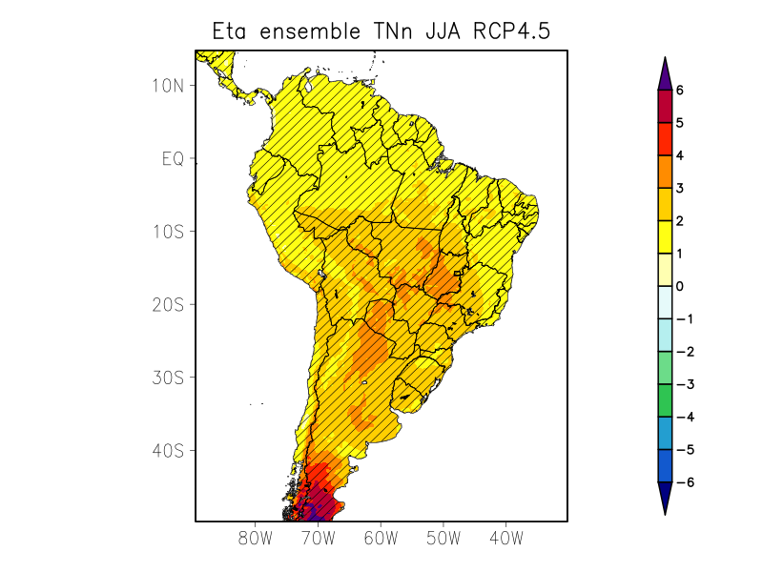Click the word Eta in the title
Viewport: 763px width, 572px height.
[232, 32]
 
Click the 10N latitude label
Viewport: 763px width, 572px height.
[168, 85]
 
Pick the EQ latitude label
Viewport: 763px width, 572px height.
[172, 158]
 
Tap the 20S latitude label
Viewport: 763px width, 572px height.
[168, 304]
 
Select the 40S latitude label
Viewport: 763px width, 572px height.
[168, 450]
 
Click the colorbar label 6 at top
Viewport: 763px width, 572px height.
[680, 91]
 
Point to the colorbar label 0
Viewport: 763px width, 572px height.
[680, 286]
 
